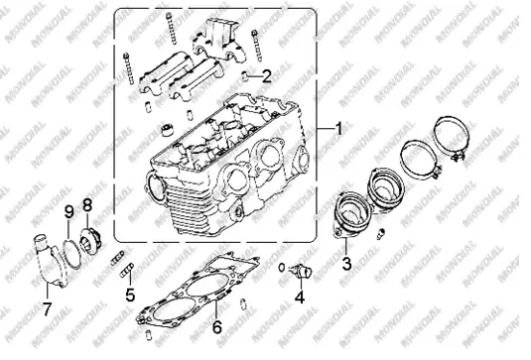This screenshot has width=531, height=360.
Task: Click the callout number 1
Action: pos(338,129)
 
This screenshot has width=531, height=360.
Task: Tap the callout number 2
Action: pos(267,76)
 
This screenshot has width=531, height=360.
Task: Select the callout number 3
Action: pos(346,264)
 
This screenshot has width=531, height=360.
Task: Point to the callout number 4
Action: pos(300,297)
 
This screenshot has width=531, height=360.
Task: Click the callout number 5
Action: pos(130,295)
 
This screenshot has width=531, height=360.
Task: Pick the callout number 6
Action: pos(217,327)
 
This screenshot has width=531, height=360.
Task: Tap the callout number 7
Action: pos(47,308)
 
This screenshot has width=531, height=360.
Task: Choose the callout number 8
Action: pos(87,204)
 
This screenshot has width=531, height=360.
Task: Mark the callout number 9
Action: pos(68,212)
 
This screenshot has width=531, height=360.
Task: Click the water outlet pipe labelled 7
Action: pos(48,261)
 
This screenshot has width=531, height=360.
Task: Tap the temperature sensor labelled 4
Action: pos(301,271)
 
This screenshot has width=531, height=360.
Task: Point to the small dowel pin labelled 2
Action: pos(245,75)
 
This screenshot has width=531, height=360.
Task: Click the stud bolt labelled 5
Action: pos(127,270)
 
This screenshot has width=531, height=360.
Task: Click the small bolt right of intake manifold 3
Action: pos(381,234)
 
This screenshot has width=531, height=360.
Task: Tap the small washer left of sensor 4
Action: pos(282,268)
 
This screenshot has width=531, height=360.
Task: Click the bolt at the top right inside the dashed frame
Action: pos(257,46)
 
